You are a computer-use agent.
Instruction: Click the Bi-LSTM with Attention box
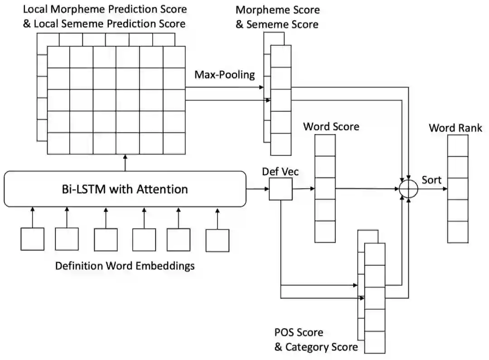[x=125, y=188]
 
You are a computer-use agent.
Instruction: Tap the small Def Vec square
[x=281, y=188]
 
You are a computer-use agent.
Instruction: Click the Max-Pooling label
[x=225, y=75]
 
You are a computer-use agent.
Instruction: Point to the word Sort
[x=431, y=180]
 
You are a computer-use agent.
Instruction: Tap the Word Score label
[x=331, y=126]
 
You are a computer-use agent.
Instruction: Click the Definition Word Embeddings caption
[x=125, y=266]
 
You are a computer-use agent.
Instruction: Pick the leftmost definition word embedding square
[x=33, y=239]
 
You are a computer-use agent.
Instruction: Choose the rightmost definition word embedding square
[x=217, y=240]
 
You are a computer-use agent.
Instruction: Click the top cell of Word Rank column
[x=458, y=145]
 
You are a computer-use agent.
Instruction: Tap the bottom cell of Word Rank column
[x=458, y=232]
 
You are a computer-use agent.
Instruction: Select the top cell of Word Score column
[x=325, y=145]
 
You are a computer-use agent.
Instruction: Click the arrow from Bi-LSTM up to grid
[x=125, y=162]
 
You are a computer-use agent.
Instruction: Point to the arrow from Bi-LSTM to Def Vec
[x=257, y=188]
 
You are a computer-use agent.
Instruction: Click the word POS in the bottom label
[x=285, y=333]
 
